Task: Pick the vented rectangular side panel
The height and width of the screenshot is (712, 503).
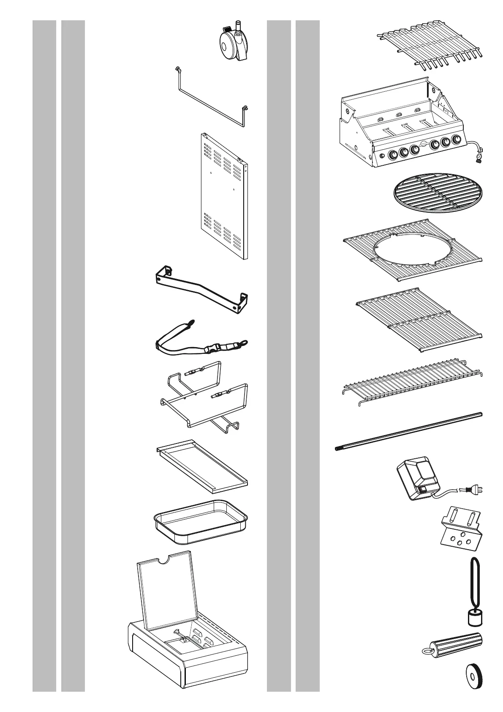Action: pyautogui.click(x=223, y=195)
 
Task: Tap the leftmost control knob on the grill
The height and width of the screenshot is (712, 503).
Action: pyautogui.click(x=392, y=155)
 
